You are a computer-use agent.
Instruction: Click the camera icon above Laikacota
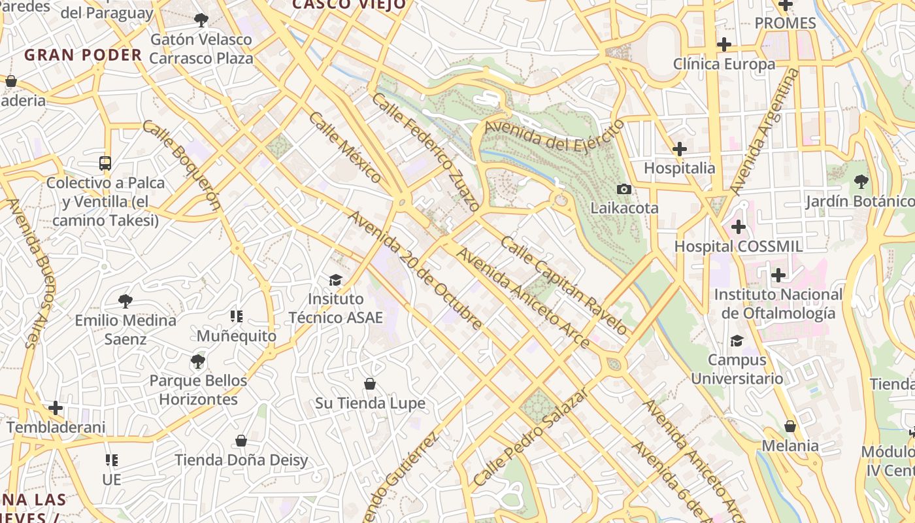point(624,189)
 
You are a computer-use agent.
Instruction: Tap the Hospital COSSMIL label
point(738,246)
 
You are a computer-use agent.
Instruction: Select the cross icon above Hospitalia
point(680,149)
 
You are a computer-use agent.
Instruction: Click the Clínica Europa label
point(724,64)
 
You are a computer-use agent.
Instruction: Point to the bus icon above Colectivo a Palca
point(105,163)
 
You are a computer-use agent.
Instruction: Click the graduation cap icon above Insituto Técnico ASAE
point(335,280)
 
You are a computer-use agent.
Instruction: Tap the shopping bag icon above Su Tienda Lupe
point(370,384)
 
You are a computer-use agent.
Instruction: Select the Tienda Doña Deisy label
point(241,460)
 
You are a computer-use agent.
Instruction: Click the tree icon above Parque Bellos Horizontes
point(197,361)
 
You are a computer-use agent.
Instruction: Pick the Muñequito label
point(237,336)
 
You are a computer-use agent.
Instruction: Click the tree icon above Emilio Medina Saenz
point(125,301)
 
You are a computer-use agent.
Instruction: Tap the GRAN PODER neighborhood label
point(83,55)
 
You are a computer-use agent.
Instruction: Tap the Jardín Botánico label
point(860,201)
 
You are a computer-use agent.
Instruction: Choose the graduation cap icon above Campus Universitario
point(737,341)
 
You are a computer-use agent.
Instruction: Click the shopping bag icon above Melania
point(790,426)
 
